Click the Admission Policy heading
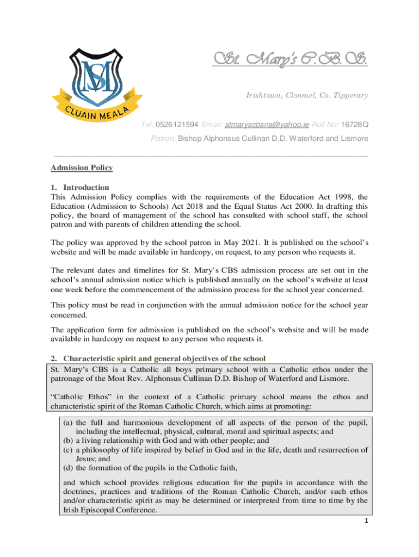pyautogui.click(x=82, y=168)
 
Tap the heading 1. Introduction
pyautogui.click(x=79, y=187)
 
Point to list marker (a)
pyautogui.click(x=69, y=423)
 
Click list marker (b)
pyautogui.click(x=69, y=441)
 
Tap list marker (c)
pyautogui.click(x=69, y=450)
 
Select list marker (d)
pyautogui.click(x=69, y=467)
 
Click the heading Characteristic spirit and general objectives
pyautogui.click(x=164, y=358)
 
